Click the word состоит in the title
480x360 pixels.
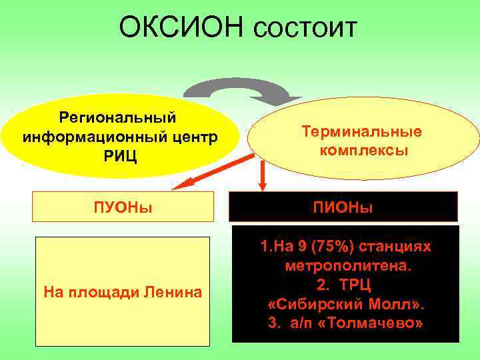click(306, 28)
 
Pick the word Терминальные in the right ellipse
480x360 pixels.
click(363, 132)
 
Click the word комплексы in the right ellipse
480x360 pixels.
click(363, 151)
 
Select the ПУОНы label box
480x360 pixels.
click(123, 207)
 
